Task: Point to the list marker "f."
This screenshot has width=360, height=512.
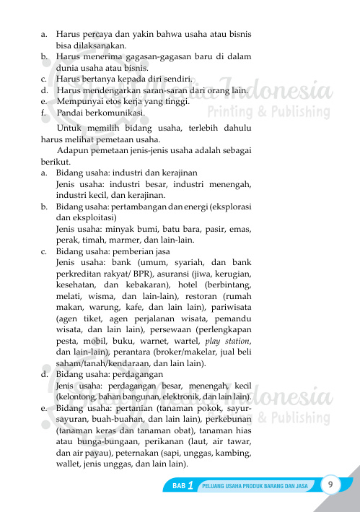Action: click(45, 113)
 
